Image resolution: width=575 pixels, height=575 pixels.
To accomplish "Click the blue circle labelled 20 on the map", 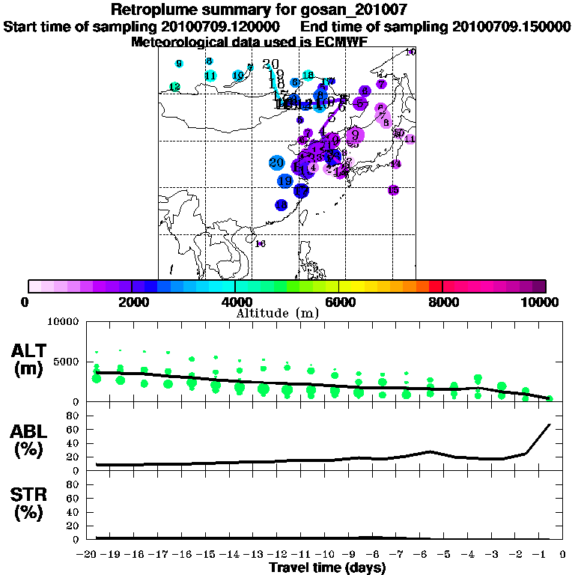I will (x=276, y=163).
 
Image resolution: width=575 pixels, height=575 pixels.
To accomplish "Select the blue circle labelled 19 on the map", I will (x=285, y=181).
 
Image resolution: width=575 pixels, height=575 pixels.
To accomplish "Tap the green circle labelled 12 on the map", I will (x=174, y=88).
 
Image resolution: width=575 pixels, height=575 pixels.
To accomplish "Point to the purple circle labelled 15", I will (x=393, y=190).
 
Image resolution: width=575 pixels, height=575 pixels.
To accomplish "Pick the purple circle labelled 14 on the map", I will (x=396, y=164).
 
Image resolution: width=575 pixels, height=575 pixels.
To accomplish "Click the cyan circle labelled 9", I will (x=179, y=64).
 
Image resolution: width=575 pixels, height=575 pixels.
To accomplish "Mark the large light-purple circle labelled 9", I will (x=355, y=136).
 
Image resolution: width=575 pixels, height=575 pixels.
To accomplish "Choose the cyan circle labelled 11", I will (x=210, y=76).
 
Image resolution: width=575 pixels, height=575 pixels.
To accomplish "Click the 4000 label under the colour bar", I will (x=236, y=302).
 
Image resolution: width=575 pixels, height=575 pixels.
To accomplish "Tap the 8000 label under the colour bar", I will (x=442, y=302).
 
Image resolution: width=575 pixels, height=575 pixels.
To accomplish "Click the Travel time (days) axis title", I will (x=327, y=568).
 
